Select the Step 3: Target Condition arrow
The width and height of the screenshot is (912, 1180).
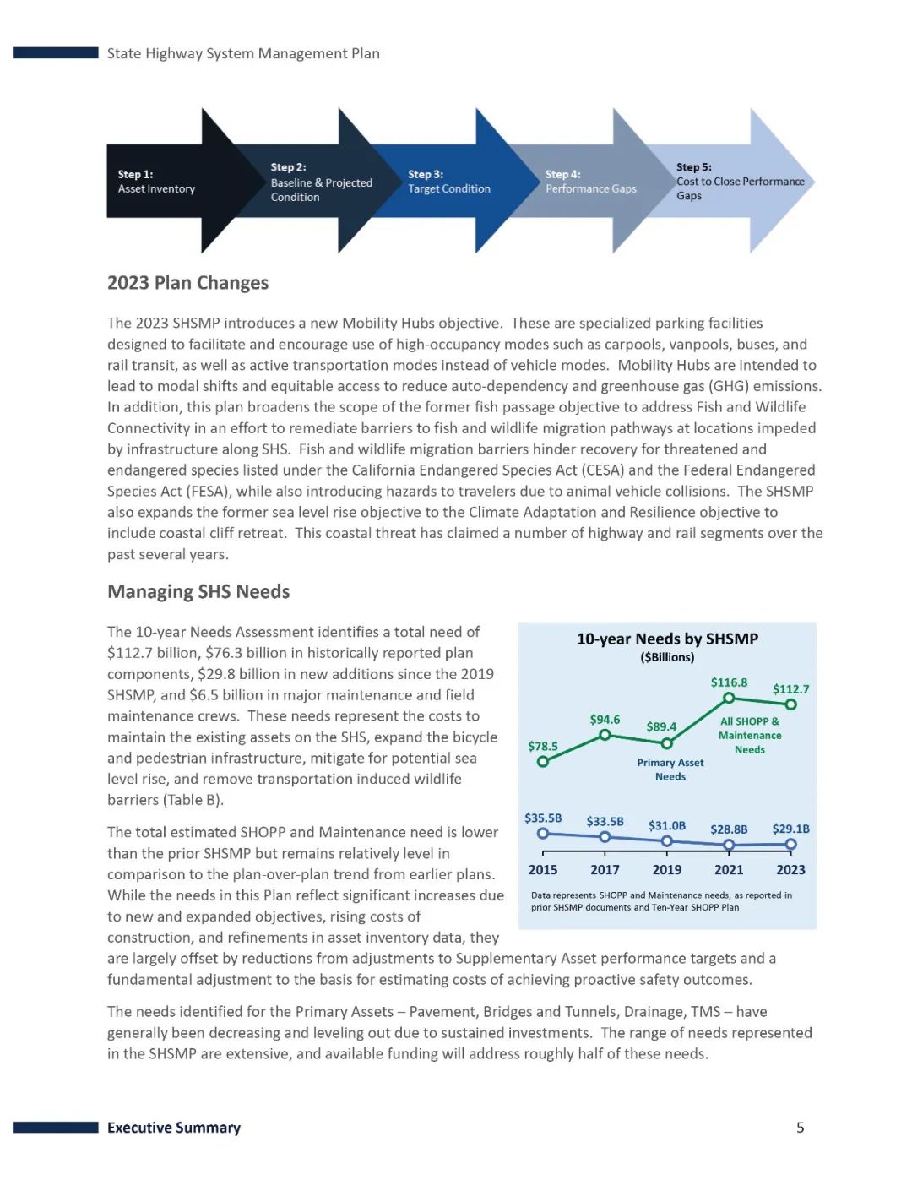coord(448,181)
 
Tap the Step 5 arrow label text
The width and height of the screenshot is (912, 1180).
coord(739,181)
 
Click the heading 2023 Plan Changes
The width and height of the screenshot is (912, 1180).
coord(187,282)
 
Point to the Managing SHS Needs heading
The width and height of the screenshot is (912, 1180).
coord(198,591)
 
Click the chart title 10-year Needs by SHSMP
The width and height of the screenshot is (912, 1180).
coord(667,639)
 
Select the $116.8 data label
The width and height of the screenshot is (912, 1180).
coord(729,682)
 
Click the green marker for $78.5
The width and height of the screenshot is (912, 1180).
coord(543,761)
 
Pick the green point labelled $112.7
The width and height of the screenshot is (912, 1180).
coord(790,704)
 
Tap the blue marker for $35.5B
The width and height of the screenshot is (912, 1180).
coord(543,834)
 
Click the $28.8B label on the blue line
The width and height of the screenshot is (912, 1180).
coord(729,829)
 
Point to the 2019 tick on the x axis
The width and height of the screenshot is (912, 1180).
coord(666,869)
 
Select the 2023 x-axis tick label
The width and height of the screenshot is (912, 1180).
coord(790,869)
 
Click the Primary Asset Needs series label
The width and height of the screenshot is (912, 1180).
coord(670,769)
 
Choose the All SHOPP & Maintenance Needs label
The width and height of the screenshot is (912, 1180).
coord(749,735)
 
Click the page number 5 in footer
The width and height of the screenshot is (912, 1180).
coord(800,1128)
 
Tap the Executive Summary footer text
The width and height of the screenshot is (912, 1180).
coord(174,1128)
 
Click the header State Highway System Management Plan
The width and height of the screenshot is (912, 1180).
coord(243,53)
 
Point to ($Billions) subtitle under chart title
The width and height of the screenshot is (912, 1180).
coord(667,657)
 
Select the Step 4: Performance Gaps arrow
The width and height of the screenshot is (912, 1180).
coord(590,181)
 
